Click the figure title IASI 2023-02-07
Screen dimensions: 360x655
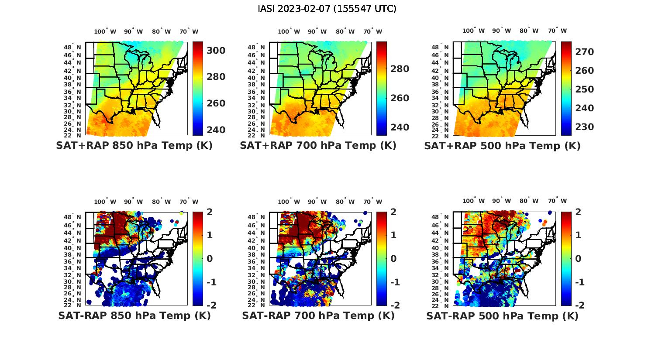(327, 9)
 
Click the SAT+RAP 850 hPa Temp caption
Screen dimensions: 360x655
(134, 146)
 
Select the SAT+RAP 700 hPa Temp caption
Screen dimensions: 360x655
(318, 146)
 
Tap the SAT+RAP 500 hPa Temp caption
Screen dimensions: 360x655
(502, 146)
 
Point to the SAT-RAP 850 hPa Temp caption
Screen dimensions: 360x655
(134, 315)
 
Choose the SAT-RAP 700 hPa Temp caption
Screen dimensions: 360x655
(318, 315)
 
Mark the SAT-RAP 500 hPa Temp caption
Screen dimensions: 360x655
(502, 315)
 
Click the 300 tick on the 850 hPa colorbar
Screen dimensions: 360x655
(216, 51)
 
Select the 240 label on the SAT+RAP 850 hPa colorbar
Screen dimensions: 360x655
(216, 130)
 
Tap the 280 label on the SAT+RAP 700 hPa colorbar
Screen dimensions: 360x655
(400, 69)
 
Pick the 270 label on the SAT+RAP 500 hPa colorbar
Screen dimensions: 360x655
(585, 52)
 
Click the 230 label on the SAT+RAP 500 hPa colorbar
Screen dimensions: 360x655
(585, 127)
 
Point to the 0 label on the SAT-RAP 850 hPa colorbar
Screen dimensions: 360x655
(210, 258)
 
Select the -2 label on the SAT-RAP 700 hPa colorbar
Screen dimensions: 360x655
(394, 305)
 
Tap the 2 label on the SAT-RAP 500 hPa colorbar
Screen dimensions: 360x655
(579, 212)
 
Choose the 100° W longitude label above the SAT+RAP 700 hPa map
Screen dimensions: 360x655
(289, 31)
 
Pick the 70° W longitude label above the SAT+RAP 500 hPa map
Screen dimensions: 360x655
(558, 31)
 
